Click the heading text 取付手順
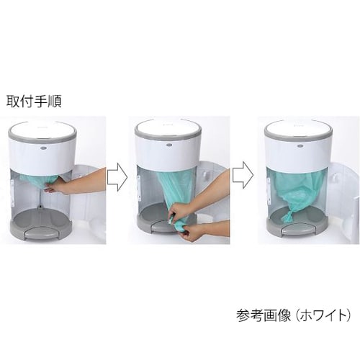(34, 102)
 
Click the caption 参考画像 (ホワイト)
(293, 315)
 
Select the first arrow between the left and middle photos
(117, 177)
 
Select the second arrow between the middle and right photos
(243, 174)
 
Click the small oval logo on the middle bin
(169, 145)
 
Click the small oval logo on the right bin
(300, 145)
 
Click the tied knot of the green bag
(286, 215)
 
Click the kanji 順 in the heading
(55, 102)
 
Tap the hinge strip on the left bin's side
(12, 193)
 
